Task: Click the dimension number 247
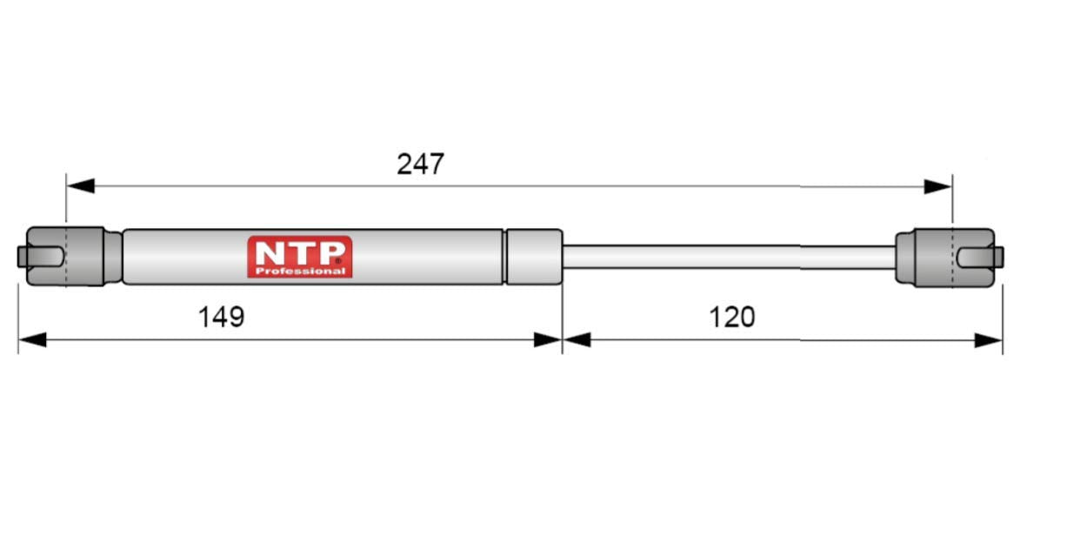[x=420, y=164]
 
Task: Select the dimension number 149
[x=221, y=317]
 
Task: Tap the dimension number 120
[x=732, y=317]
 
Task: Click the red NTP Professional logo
[x=300, y=257]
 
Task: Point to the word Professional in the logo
[x=300, y=272]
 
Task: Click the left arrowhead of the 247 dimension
[x=81, y=186]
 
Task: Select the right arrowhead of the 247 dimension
[x=937, y=186]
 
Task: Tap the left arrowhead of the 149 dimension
[x=32, y=340]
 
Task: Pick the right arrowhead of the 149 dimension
[x=548, y=340]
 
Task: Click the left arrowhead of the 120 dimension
[x=577, y=340]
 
